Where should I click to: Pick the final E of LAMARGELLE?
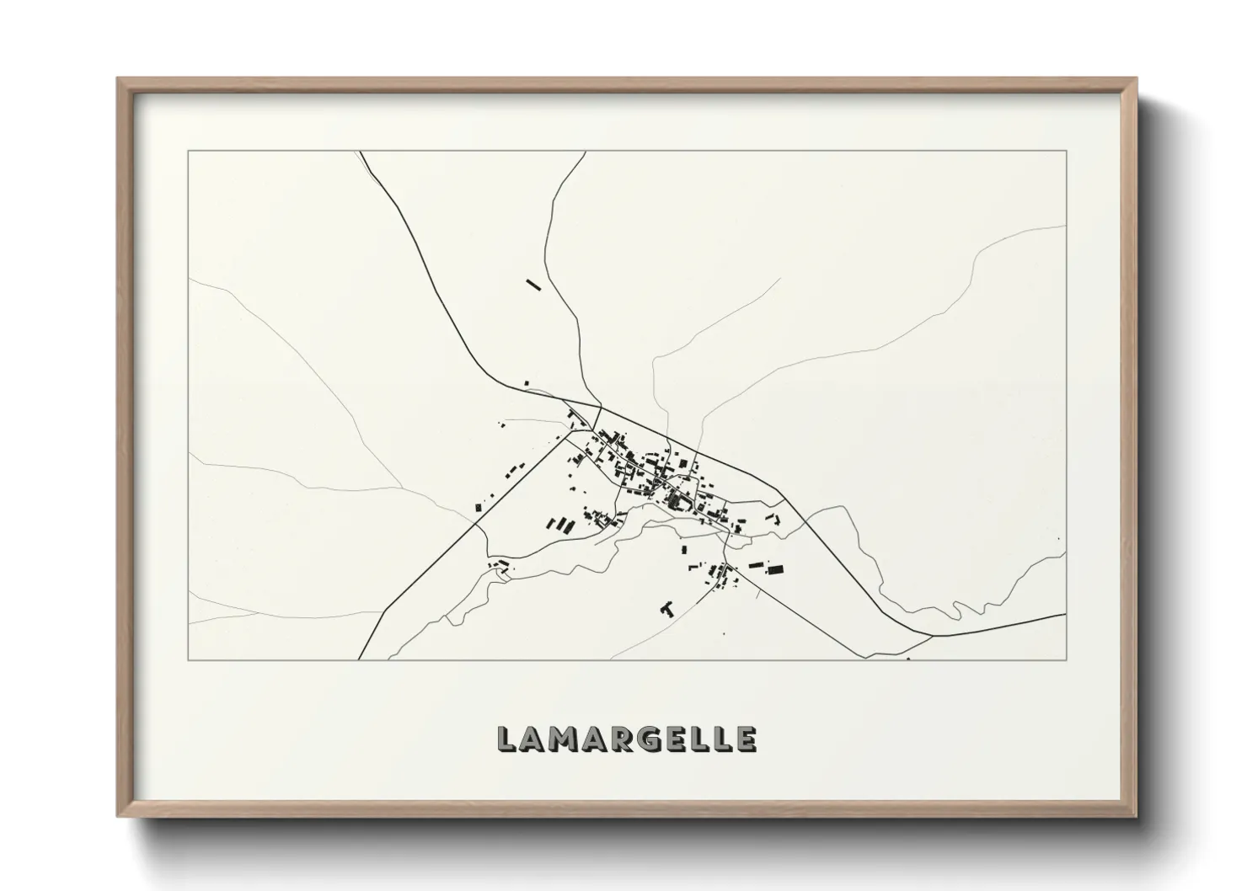[746, 739]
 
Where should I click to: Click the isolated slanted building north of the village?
[533, 285]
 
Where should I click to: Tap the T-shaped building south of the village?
[668, 606]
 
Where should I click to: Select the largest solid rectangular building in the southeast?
[774, 569]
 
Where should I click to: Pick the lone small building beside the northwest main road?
[527, 384]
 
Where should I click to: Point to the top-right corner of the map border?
[1067, 151]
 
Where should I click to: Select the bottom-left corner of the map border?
[188, 659]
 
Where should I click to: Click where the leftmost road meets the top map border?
[361, 152]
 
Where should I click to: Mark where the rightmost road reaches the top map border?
[585, 152]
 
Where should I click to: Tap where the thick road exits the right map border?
[1066, 615]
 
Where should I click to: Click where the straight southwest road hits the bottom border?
[360, 659]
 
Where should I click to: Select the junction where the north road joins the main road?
[601, 408]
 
